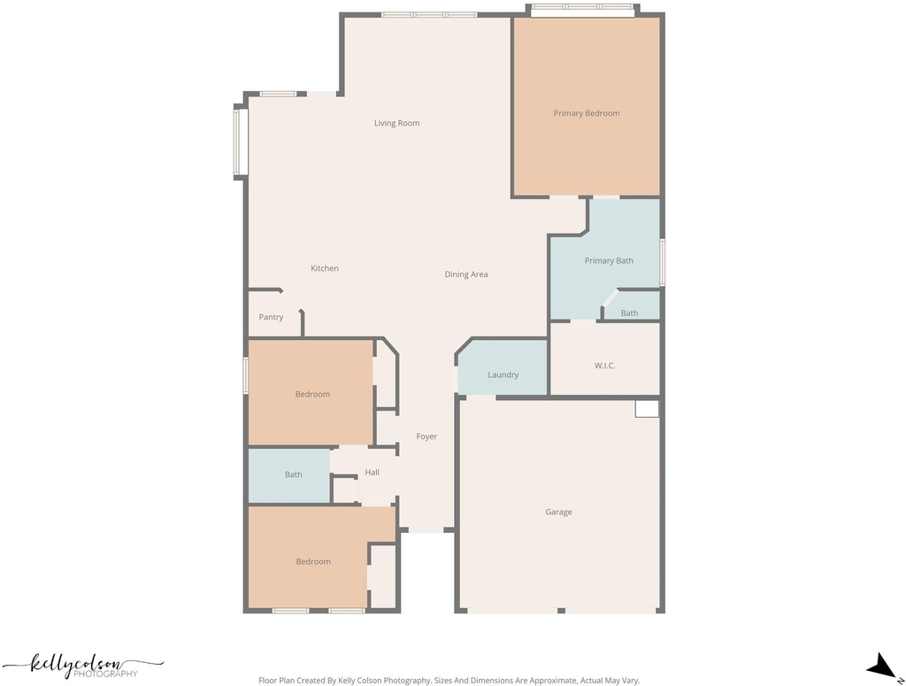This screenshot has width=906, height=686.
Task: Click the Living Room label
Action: pos(396,123)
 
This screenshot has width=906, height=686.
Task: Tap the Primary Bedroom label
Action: pos(587,113)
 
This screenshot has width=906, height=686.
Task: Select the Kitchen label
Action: pos(325,268)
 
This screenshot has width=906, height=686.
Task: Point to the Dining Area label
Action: pos(465,274)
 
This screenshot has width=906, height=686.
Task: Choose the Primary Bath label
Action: pos(609,260)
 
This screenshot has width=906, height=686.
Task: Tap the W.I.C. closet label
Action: pos(604,366)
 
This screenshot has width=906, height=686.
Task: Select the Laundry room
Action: pos(503,367)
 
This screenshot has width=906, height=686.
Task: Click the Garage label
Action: pos(558,512)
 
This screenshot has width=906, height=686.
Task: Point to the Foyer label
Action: pos(426,436)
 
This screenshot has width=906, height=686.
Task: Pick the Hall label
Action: pos(372,472)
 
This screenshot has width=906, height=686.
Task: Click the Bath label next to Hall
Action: pos(293,474)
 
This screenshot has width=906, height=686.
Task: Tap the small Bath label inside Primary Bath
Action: pos(629,313)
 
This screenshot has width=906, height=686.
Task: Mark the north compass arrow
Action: pos(884,666)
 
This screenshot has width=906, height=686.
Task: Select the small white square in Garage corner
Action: pos(647,409)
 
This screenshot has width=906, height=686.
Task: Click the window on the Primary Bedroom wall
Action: pos(582,7)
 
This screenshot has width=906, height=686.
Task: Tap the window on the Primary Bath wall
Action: pos(663,262)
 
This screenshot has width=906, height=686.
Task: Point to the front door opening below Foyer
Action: pos(426,529)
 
